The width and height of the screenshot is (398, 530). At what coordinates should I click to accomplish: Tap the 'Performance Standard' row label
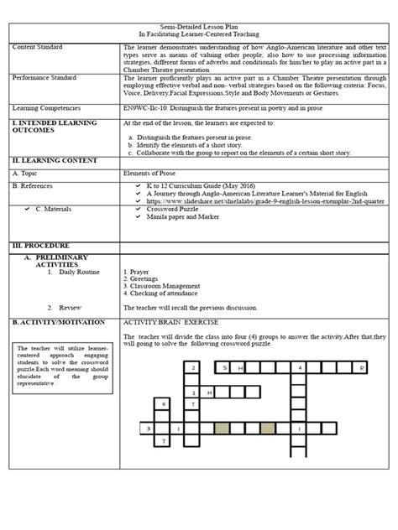pos(43,77)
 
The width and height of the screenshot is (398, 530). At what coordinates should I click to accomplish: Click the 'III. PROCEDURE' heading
pos(40,243)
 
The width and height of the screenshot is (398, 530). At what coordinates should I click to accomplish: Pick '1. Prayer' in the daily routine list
pos(136,273)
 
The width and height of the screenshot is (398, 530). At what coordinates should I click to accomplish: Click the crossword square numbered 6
pos(165,403)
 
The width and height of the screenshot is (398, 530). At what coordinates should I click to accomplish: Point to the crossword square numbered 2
pos(193,367)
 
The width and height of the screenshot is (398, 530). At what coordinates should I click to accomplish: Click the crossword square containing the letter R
pos(360,367)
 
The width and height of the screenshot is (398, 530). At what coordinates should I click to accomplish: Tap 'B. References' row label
pos(40,184)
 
